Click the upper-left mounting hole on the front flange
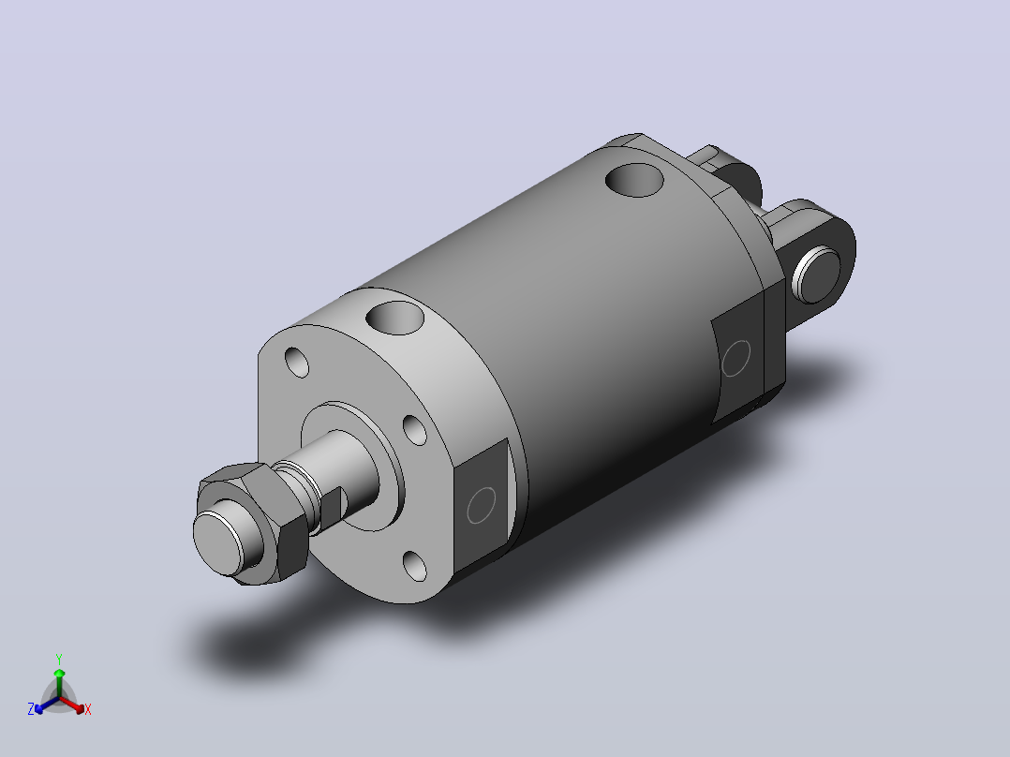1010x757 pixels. [x=296, y=362]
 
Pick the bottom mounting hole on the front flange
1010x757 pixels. [x=414, y=566]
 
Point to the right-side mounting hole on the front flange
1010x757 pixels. [x=414, y=430]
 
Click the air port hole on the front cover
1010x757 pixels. [x=394, y=318]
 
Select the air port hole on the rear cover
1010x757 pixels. [x=634, y=180]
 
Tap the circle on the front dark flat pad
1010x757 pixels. [x=482, y=505]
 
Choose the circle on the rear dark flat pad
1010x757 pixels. [x=735, y=358]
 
